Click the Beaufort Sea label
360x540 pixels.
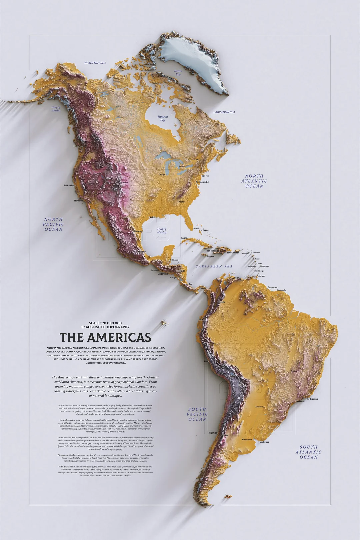point(95,63)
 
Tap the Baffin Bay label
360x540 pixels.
point(178,73)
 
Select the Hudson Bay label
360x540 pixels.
point(163,118)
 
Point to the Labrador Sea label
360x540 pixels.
point(224,112)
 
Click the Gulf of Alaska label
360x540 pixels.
point(56,109)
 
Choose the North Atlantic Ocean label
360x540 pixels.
point(254,181)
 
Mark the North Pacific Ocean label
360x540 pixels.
point(54,224)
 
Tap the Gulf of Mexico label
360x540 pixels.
point(162,231)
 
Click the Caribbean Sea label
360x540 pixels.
point(214,266)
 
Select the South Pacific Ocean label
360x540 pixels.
point(197,414)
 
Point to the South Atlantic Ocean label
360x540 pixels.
point(309,452)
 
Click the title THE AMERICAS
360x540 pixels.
point(105,337)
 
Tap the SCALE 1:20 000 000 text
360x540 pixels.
point(105,323)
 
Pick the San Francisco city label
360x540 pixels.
point(69,186)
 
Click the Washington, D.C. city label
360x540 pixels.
point(203,182)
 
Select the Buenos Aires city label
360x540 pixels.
point(247,440)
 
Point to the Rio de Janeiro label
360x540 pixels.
point(312,399)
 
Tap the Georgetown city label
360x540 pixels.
point(272,287)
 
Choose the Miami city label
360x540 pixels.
point(196,229)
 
